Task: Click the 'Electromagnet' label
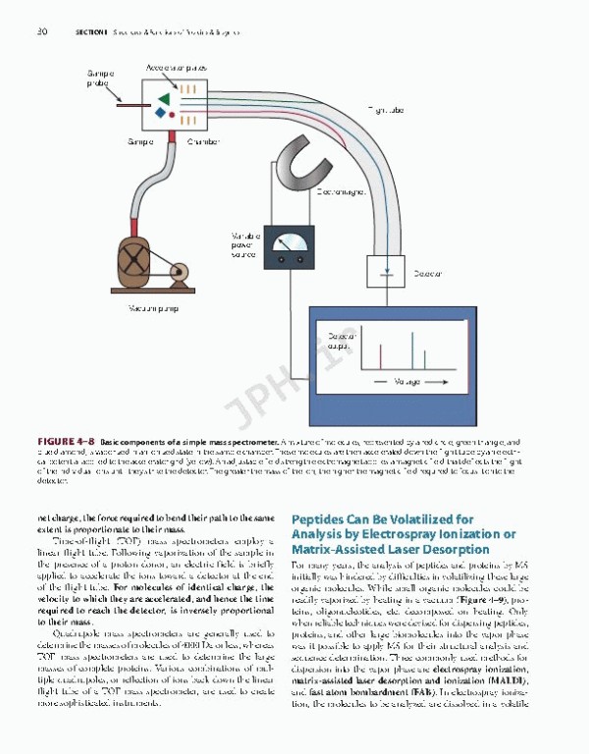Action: click(x=341, y=191)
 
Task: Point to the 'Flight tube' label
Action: click(x=387, y=110)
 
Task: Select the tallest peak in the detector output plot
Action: click(x=413, y=350)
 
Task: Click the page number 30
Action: click(x=41, y=32)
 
